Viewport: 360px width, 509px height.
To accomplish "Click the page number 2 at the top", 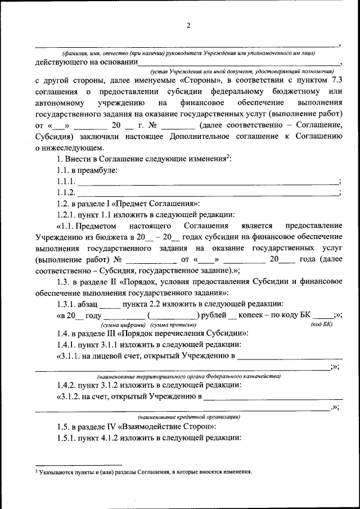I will point(189,25).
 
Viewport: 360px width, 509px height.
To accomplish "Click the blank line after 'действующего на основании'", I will point(239,65).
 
